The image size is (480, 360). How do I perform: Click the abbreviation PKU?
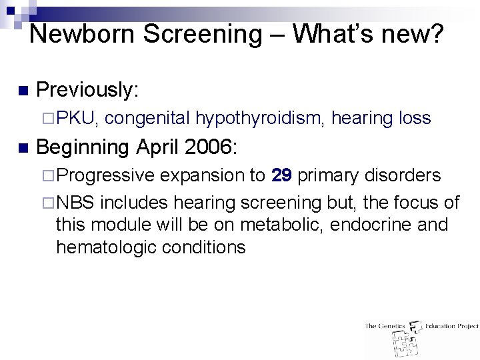77,119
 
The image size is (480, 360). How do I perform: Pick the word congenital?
147,119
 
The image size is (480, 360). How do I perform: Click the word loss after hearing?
414,119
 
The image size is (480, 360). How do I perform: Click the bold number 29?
281,175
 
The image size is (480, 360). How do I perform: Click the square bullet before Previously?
22,91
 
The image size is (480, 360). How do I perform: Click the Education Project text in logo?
451,326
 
